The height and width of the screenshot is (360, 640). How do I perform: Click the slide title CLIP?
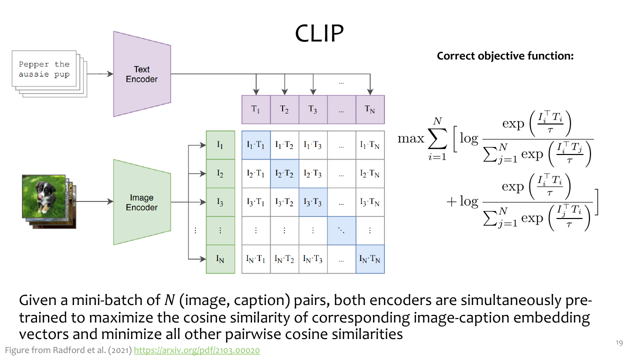[319, 33]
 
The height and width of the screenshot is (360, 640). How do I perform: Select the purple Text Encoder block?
[142, 74]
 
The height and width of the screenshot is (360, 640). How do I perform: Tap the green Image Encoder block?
[142, 202]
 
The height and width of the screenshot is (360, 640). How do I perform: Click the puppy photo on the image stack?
[43, 196]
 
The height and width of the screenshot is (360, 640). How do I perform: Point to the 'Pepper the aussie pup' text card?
[44, 68]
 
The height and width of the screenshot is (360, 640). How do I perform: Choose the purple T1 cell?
[256, 109]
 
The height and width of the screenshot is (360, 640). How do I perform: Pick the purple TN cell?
[370, 109]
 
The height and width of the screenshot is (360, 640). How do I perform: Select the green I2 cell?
[220, 173]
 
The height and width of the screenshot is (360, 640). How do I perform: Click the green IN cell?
[220, 259]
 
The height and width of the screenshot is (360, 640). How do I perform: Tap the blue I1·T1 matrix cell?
[256, 145]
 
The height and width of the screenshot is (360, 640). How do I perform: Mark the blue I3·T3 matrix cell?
[313, 202]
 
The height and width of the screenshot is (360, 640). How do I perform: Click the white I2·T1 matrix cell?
[256, 173]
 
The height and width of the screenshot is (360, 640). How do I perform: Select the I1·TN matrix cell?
[370, 145]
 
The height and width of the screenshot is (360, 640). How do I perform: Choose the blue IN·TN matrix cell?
[370, 259]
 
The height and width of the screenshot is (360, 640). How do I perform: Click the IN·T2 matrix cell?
[284, 259]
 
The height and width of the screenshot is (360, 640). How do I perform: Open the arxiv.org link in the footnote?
[197, 350]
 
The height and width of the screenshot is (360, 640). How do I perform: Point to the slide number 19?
[619, 343]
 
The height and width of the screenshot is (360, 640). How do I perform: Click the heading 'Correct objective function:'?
[505, 56]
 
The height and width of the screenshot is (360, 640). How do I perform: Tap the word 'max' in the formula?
[411, 138]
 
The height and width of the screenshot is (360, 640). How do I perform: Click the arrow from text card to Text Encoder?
[100, 74]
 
